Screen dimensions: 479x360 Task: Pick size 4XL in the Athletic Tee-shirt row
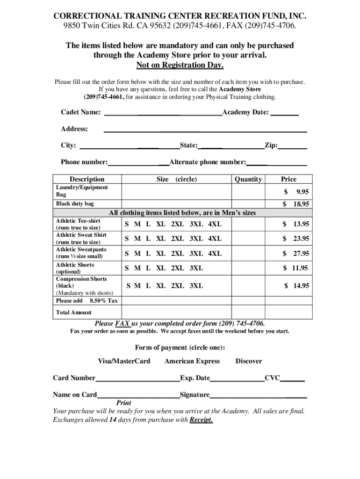coord(215,225)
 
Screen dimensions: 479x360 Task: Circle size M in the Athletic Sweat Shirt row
coord(137,239)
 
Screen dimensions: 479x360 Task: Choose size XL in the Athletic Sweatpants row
coord(160,254)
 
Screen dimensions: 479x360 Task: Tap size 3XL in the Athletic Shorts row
coord(196,268)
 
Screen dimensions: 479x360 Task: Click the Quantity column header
coord(248,179)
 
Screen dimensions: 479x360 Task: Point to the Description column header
coord(87,179)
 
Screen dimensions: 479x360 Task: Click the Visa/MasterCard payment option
coord(124,361)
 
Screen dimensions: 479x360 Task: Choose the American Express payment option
coord(192,361)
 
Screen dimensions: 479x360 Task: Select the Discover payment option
coord(248,361)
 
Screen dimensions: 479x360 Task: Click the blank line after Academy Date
coord(285,114)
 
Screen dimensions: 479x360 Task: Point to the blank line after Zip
coord(293,147)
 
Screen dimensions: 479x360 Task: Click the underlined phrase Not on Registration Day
coord(180,65)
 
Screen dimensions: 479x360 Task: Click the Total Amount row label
coord(74,312)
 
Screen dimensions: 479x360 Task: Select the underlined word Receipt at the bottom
coord(201,420)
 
